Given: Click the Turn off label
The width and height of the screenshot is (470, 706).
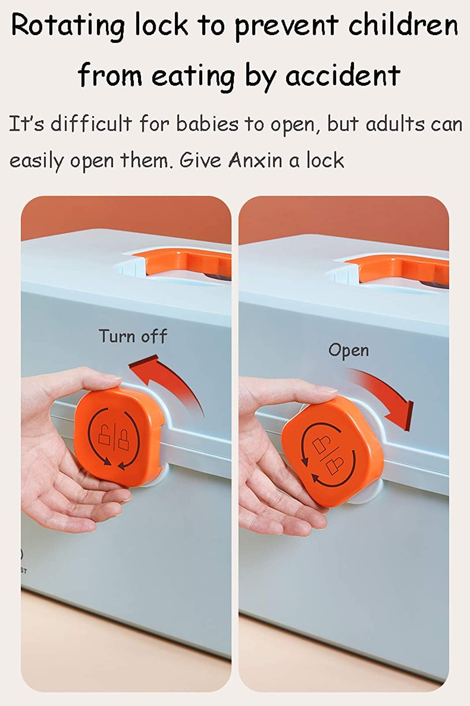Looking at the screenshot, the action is click(x=133, y=336).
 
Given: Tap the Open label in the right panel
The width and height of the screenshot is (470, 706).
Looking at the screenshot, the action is click(x=349, y=351).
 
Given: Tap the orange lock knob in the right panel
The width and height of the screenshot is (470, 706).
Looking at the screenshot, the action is click(x=332, y=451).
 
